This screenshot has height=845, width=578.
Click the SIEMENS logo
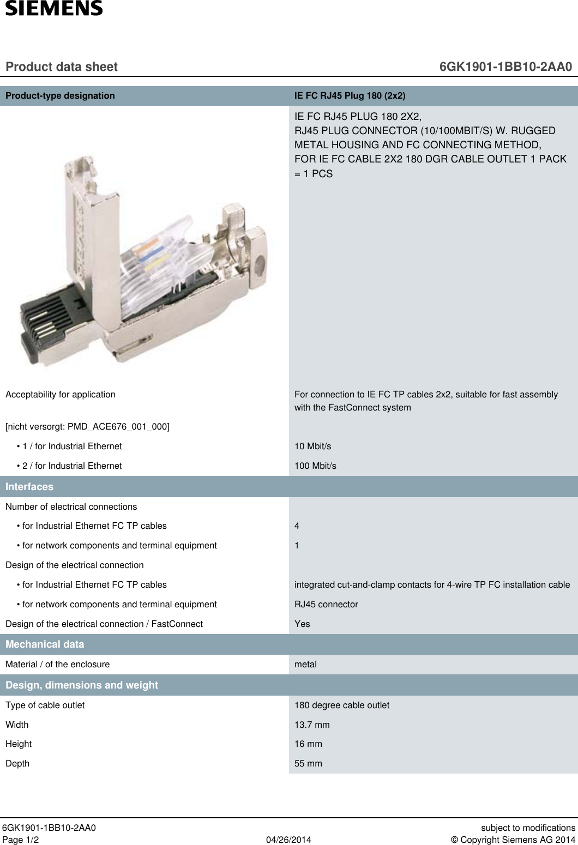[x=54, y=8]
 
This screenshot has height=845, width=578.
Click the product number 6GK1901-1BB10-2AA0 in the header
[x=505, y=67]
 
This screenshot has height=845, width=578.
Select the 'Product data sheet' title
[x=62, y=67]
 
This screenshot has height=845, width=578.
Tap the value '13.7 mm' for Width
[x=312, y=725]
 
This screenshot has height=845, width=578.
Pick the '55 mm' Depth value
[x=308, y=763]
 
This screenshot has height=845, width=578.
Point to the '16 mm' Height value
[x=308, y=744]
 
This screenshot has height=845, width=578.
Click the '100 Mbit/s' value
[x=315, y=466]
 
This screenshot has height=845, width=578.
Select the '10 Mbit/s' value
[x=312, y=446]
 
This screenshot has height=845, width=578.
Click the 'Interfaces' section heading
[x=29, y=486]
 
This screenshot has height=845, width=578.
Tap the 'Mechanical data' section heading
[x=45, y=644]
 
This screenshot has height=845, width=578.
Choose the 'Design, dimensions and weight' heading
[x=82, y=685]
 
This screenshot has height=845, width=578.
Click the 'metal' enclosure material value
[x=305, y=664]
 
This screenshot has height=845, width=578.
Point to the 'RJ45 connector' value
[x=326, y=604]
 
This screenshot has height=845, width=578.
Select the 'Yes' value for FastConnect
[x=302, y=624]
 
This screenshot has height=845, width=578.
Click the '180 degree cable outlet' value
[x=342, y=705]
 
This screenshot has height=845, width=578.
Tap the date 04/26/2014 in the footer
[x=288, y=840]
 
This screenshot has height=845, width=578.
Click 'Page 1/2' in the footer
[x=21, y=840]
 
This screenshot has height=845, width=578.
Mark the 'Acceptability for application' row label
[x=61, y=394]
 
